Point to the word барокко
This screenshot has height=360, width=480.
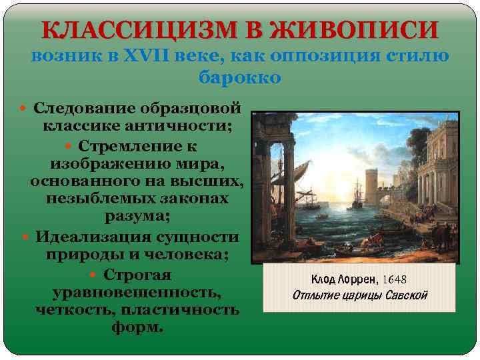240,77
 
